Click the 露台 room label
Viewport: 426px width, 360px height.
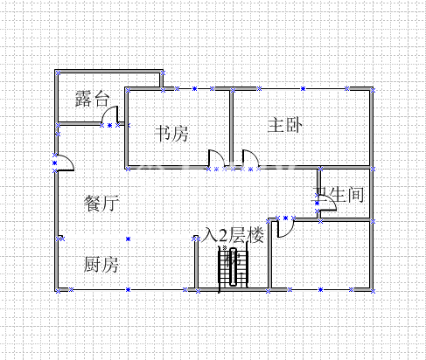pos(92,99)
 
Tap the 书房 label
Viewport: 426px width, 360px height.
pos(171,134)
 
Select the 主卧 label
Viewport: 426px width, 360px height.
pos(285,125)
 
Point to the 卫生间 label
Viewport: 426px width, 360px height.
pos(339,195)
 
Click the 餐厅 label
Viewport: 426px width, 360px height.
pos(101,204)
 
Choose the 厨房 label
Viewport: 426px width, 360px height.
pos(101,265)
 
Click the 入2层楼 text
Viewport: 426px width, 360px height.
pos(233,235)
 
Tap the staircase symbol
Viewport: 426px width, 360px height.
pos(234,268)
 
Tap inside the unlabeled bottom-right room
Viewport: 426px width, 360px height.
pos(321,255)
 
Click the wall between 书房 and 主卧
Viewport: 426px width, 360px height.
pos(231,128)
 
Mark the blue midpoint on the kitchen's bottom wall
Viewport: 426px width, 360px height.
pos(128,290)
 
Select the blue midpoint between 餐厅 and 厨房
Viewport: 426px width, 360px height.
pos(128,239)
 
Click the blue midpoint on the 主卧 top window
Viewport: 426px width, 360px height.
pos(303,88)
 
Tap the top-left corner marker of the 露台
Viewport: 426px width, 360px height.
pos(58,73)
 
